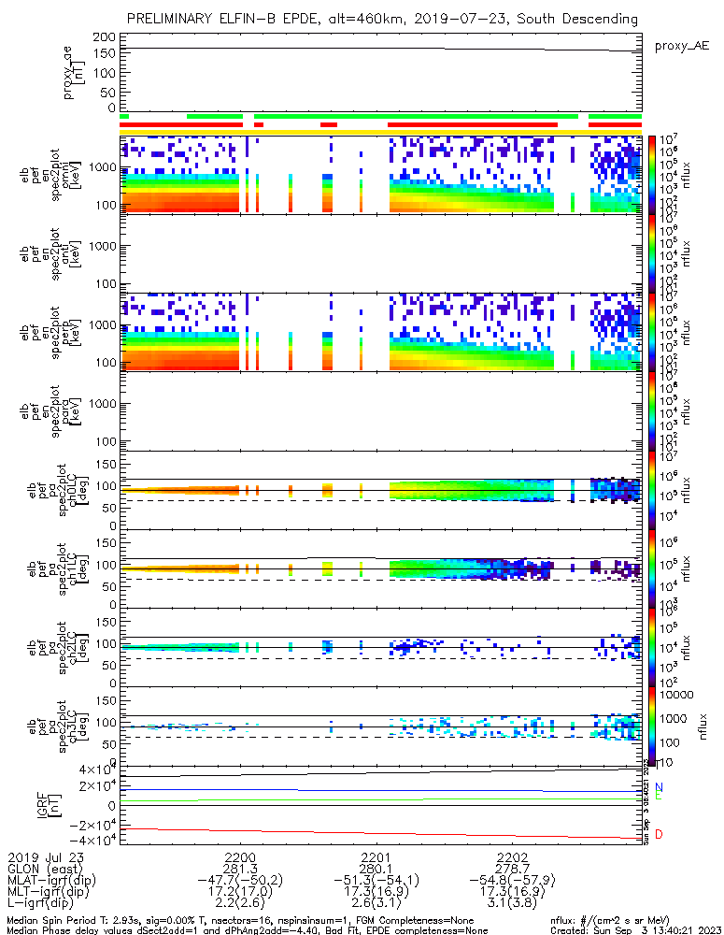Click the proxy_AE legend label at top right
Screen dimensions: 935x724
click(682, 45)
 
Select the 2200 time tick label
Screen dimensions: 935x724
click(240, 856)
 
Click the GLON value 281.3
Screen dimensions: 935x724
click(240, 868)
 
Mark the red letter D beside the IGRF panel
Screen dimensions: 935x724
click(659, 834)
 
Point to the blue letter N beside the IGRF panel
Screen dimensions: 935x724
click(659, 787)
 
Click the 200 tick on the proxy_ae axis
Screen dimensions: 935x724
click(105, 36)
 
